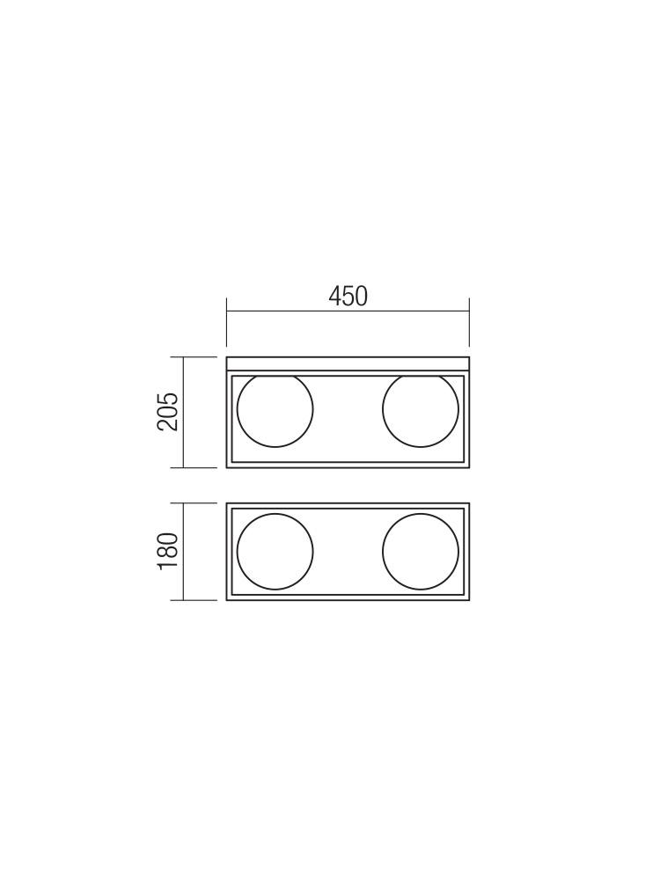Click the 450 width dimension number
(348, 297)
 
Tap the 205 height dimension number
(168, 411)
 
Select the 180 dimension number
(168, 551)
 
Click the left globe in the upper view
(275, 410)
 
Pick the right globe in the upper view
(421, 410)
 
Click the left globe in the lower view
(275, 551)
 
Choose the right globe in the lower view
(421, 551)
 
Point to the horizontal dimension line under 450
(348, 311)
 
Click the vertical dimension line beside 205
(184, 412)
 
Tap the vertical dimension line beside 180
(184, 551)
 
